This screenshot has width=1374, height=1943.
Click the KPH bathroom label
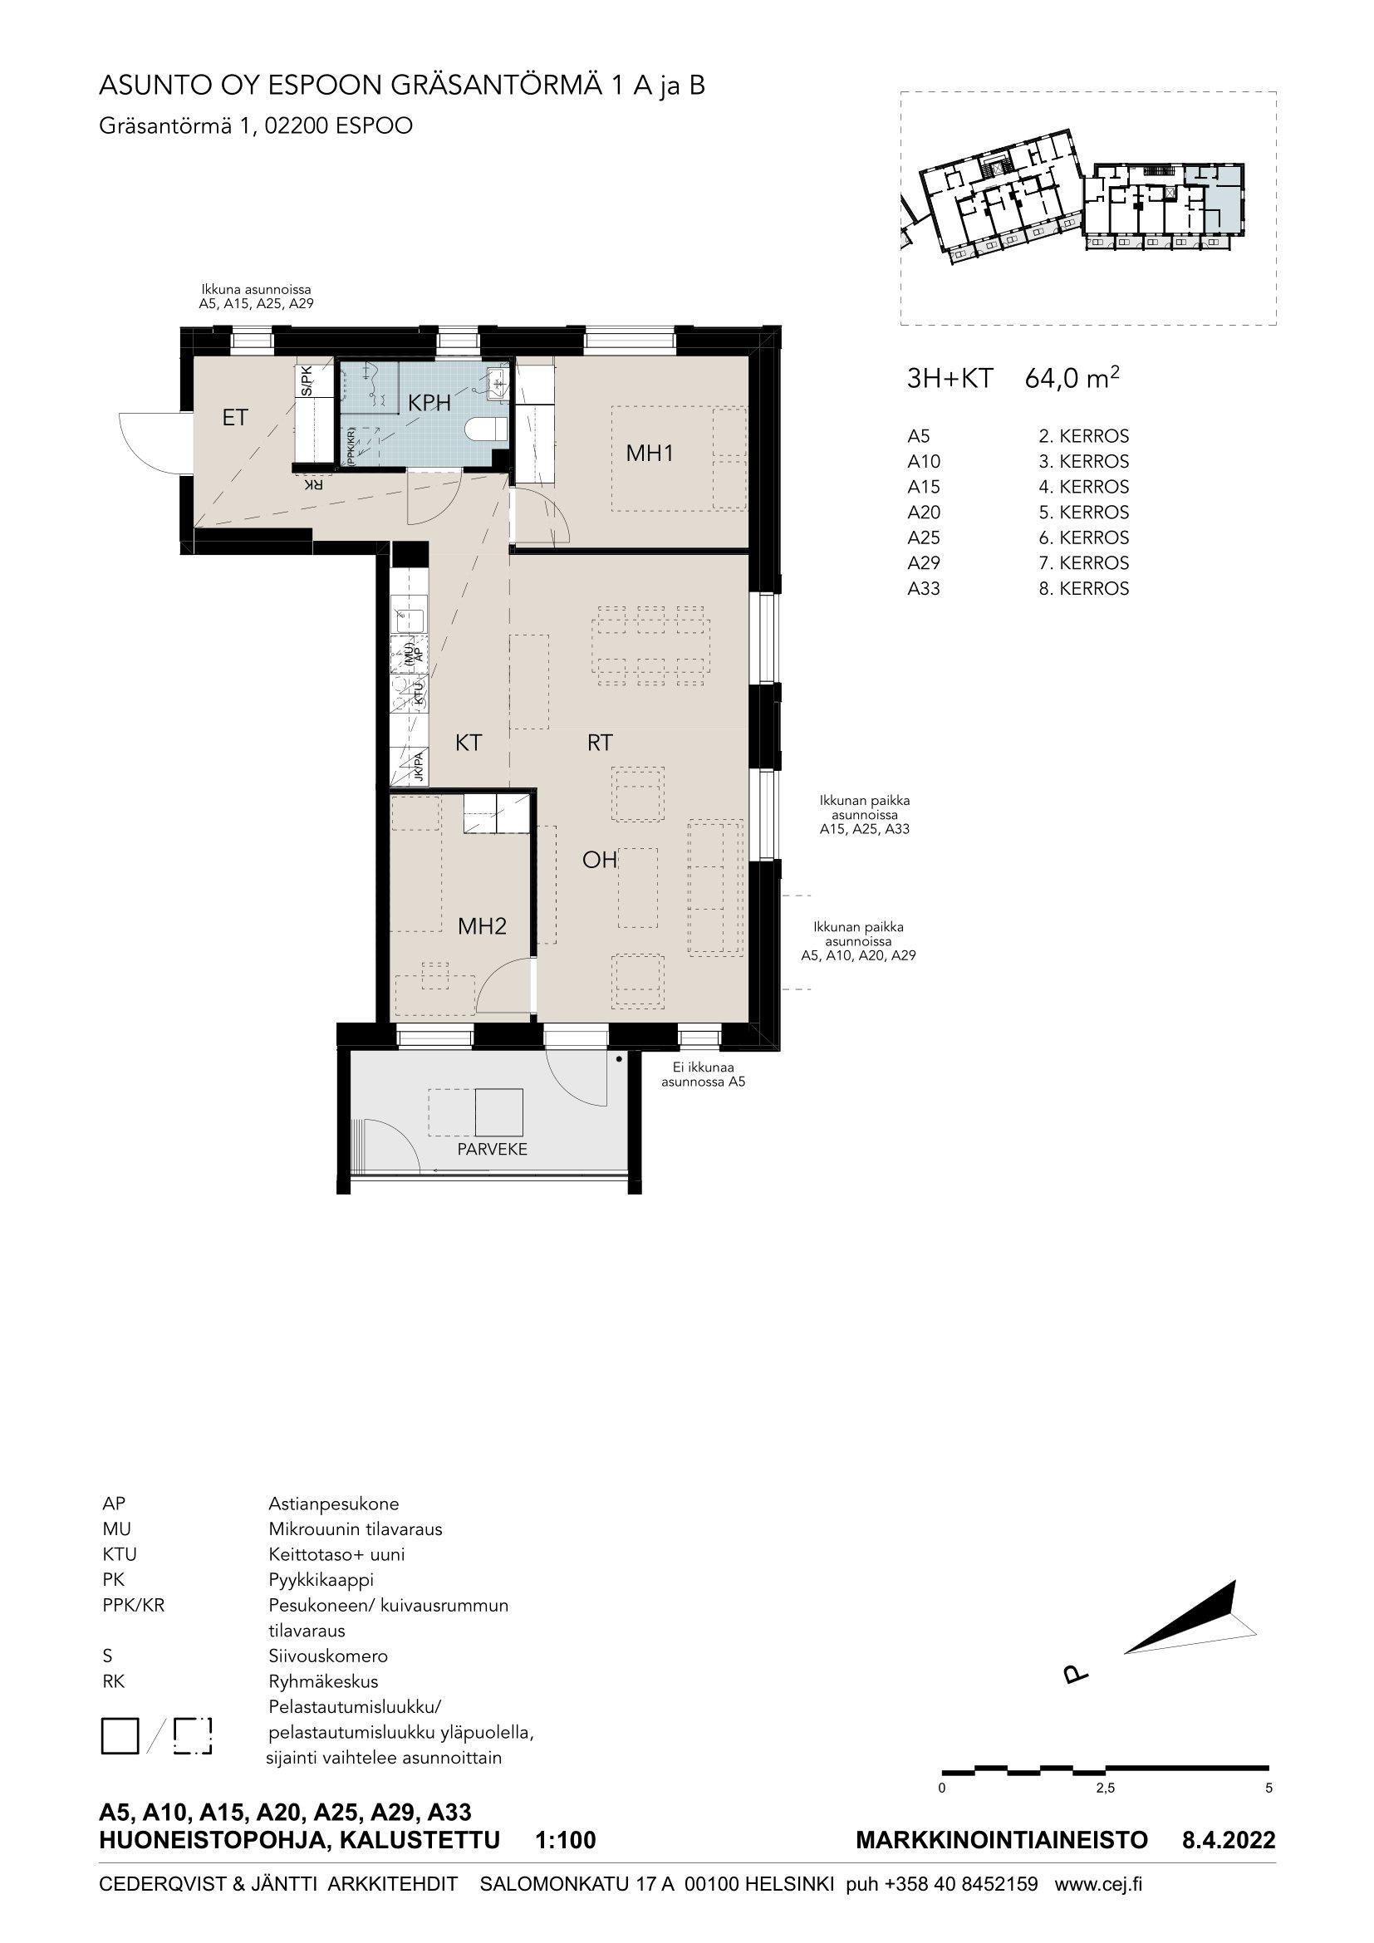(x=429, y=404)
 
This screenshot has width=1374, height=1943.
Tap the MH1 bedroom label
(x=650, y=454)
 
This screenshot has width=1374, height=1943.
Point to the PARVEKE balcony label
(x=493, y=1149)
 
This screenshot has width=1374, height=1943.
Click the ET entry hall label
(x=235, y=417)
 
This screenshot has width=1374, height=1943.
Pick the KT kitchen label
(x=468, y=743)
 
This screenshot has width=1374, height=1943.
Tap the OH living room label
(x=599, y=860)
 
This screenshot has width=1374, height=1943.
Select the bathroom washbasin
(x=496, y=381)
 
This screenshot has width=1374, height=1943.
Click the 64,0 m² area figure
(x=1072, y=378)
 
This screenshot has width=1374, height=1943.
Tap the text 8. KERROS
(x=1084, y=588)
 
